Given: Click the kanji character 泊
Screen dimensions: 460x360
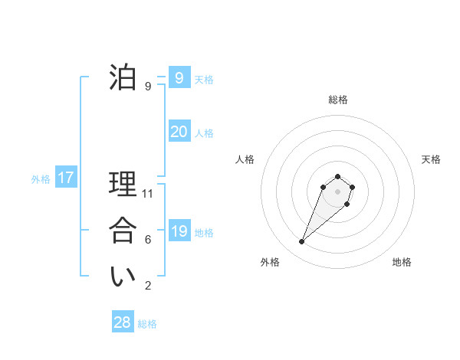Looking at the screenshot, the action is click(x=123, y=78).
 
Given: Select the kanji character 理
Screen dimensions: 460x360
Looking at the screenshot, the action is click(x=123, y=185).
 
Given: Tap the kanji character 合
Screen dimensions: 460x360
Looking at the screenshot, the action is click(x=123, y=231).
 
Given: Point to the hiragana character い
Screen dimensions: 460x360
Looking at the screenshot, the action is click(x=123, y=277).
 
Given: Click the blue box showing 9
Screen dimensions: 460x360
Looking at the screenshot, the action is click(x=179, y=78).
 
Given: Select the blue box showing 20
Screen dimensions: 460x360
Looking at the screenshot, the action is click(x=179, y=132).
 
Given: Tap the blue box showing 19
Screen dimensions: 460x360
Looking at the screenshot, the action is click(x=179, y=231).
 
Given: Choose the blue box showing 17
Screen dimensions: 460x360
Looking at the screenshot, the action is click(x=66, y=178).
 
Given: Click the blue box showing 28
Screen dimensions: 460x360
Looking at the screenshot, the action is click(x=122, y=322).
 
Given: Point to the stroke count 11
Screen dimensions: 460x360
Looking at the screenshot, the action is click(x=148, y=194).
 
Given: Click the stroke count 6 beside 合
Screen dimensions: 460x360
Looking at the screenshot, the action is click(x=148, y=240).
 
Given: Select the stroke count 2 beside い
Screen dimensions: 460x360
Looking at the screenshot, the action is click(x=148, y=286).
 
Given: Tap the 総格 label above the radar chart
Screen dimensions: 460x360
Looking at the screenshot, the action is click(x=338, y=100).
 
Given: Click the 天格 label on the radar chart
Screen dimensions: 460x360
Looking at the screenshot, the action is click(x=431, y=159).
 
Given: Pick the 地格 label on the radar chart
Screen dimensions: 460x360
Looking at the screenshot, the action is click(x=402, y=262).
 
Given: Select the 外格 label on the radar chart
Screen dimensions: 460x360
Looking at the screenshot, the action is click(x=270, y=262).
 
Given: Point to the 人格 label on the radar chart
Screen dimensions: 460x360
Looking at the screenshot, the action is click(x=245, y=159).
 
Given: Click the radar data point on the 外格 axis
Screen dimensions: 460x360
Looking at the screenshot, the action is click(x=302, y=242).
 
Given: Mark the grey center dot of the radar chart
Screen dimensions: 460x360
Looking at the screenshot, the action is click(x=337, y=191).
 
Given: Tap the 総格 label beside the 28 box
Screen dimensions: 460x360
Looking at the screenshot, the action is click(x=147, y=324).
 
